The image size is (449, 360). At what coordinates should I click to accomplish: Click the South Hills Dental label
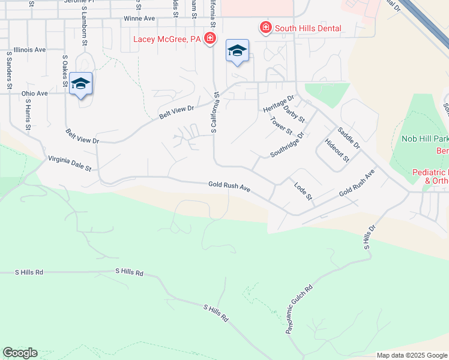click(x=308, y=28)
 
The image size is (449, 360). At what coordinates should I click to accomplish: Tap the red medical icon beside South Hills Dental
click(x=265, y=28)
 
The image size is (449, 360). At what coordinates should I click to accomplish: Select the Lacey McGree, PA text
click(x=167, y=40)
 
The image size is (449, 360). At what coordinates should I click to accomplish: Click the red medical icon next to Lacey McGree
click(x=209, y=40)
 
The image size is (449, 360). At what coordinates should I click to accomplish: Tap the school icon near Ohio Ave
click(x=80, y=84)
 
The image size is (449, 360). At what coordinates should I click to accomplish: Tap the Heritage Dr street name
click(x=279, y=103)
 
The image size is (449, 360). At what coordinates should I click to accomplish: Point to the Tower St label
click(x=281, y=126)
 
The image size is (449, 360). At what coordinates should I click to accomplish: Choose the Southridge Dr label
click(x=288, y=145)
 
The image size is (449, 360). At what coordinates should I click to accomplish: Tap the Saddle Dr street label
click(x=348, y=137)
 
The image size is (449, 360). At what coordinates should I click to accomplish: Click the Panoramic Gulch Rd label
click(x=300, y=309)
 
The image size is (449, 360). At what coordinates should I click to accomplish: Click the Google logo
click(x=20, y=353)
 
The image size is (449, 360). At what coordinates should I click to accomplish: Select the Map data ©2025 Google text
click(x=412, y=355)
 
